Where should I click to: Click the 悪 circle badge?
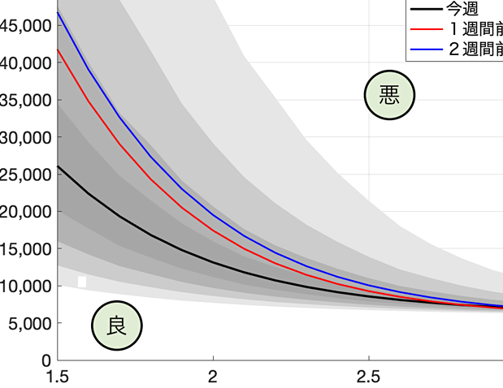click(389, 95)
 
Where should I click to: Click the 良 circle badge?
click(116, 325)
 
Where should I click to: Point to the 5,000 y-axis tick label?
click(26, 323)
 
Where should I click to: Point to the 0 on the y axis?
click(46, 360)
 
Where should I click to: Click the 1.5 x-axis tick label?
click(58, 377)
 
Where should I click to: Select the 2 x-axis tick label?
click(213, 377)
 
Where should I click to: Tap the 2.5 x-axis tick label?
click(369, 377)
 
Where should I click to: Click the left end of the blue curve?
click(59, 12)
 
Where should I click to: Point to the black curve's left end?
click(59, 166)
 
